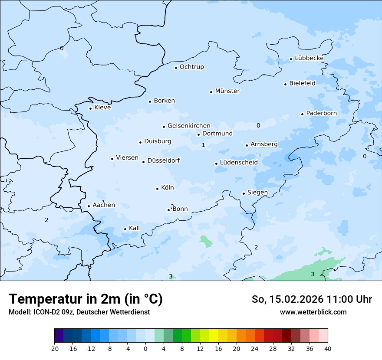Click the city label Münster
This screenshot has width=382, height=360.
(x=227, y=91)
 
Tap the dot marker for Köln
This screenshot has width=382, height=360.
(x=157, y=189)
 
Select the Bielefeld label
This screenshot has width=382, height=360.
(x=302, y=83)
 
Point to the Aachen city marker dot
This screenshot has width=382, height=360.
(x=89, y=206)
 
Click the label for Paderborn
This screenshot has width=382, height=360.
(x=321, y=113)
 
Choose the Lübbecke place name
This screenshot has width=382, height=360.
(x=309, y=58)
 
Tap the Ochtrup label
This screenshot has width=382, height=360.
(x=191, y=67)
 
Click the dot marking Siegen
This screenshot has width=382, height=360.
(x=244, y=194)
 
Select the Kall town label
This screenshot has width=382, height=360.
(x=134, y=228)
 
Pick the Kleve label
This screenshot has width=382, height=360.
(x=102, y=108)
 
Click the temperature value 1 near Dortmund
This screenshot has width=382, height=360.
(x=203, y=145)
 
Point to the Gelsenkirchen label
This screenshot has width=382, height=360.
(x=189, y=126)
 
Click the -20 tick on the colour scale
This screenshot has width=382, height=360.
(x=54, y=348)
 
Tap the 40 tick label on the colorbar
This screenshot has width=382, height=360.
(x=327, y=348)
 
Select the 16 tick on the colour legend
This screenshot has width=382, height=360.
(x=218, y=348)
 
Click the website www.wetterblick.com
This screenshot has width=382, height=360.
(x=313, y=312)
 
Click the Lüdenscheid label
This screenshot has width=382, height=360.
(x=239, y=163)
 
